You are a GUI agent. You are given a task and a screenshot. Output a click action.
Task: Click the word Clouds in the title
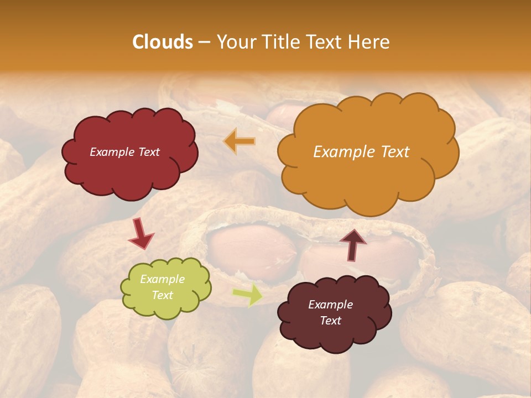(163, 42)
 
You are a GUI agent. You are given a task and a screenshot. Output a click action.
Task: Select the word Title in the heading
(280, 42)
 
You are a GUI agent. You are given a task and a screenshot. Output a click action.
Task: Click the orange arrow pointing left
(239, 142)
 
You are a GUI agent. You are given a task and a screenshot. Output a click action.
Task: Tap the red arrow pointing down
(141, 234)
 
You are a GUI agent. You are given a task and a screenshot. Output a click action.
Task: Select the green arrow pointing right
(247, 295)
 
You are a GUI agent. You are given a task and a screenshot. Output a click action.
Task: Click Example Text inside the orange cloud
(361, 152)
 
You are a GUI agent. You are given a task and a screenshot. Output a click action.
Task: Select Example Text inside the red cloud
(125, 152)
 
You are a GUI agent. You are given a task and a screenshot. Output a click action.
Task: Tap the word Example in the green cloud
(162, 279)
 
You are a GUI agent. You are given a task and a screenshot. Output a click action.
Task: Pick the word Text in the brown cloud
(331, 321)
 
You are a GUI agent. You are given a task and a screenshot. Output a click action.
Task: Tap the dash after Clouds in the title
(203, 42)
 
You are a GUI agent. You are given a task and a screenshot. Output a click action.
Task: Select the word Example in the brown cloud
(331, 305)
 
